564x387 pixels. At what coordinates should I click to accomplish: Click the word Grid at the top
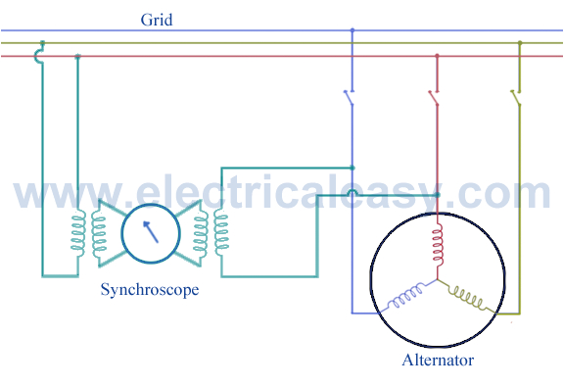[x=157, y=19]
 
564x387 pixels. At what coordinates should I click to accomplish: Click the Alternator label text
[x=438, y=360]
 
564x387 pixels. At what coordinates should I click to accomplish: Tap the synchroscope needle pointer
[x=150, y=233]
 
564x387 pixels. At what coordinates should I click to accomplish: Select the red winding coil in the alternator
[x=438, y=240]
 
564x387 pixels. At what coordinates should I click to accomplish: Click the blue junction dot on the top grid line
[x=352, y=30]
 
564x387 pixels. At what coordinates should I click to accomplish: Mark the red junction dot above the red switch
[x=436, y=56]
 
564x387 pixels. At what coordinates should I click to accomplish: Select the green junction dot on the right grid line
[x=519, y=43]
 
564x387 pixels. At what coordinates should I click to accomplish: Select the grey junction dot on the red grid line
[x=77, y=56]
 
